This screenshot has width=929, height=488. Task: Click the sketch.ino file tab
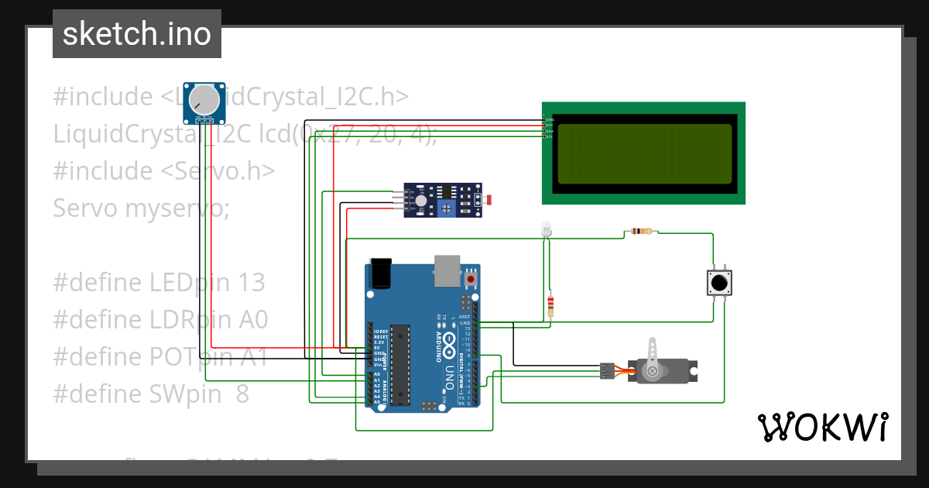coord(137,34)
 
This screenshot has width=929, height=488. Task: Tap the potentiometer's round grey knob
coord(204,98)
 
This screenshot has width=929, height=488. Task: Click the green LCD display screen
coord(643,153)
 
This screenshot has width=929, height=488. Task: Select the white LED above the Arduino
coord(546,229)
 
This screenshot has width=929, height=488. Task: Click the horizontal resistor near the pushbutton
coord(642,231)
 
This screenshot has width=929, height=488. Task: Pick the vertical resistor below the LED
coord(550,306)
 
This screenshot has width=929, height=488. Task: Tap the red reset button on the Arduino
coord(471,277)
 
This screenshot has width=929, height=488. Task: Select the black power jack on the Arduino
coord(381,273)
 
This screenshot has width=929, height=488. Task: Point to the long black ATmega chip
coord(399,364)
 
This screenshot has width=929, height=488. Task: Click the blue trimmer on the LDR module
coord(446,208)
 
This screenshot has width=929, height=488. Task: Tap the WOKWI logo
coord(822,427)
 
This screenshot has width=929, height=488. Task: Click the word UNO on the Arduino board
coord(448,377)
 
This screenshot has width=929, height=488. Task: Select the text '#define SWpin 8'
coord(151,394)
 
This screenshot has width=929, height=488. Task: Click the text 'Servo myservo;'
coord(141,208)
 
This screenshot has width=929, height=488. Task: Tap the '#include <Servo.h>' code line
coord(163,170)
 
